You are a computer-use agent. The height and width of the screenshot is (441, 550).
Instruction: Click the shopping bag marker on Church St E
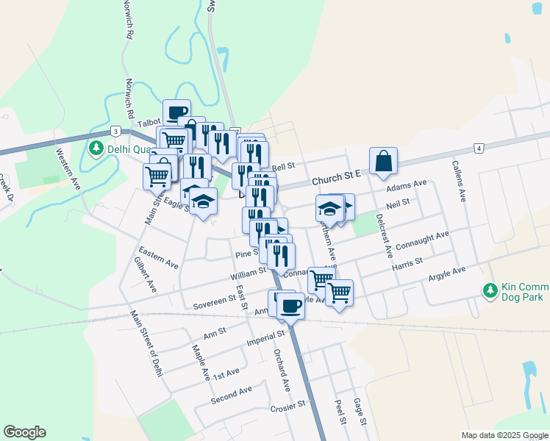coord(384,161)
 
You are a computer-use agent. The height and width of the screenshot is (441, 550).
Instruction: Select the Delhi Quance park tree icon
coord(96,148)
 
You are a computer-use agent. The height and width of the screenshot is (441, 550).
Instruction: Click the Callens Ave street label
coord(459,182)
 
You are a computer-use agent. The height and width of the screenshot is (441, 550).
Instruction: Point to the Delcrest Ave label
coord(383,235)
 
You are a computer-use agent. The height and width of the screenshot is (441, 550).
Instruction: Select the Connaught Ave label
coord(421,240)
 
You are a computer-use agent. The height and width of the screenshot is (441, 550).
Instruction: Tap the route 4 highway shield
coord(479,148)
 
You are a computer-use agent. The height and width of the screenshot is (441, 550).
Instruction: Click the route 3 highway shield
coord(115,131)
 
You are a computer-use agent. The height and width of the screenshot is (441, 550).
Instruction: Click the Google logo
coord(24,432)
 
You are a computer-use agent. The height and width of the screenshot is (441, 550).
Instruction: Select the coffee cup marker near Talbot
coord(176,112)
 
